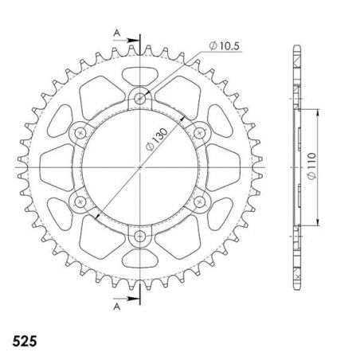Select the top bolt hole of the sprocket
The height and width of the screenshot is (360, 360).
(x=141, y=100)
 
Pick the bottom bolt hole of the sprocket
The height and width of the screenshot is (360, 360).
(x=141, y=237)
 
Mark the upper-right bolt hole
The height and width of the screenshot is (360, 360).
(x=201, y=134)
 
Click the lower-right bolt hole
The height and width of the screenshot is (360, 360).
(x=201, y=202)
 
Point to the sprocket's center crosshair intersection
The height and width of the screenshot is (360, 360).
(x=141, y=168)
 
